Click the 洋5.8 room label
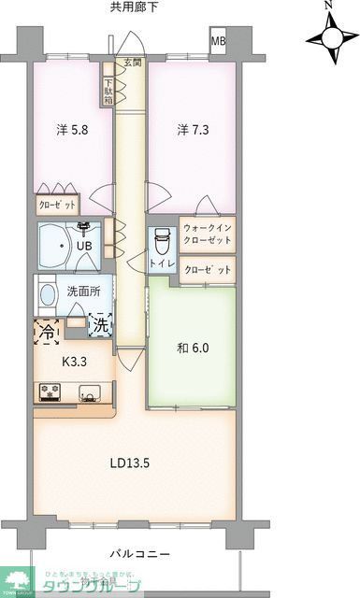70,131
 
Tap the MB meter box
217,42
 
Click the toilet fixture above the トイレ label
162,241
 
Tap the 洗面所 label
82,291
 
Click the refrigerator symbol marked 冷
46,330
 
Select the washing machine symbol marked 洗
100,326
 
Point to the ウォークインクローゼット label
207,235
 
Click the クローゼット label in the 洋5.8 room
57,205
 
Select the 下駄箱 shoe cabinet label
109,89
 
